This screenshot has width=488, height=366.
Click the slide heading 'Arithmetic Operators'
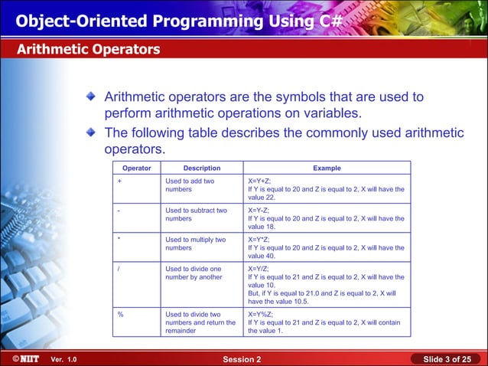click(x=89, y=50)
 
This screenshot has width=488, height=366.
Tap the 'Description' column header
click(x=202, y=168)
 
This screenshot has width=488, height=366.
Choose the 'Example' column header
click(x=327, y=168)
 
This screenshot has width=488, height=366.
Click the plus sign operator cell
click(x=119, y=181)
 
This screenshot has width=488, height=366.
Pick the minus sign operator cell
click(x=119, y=210)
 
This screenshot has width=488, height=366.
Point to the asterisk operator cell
click(x=119, y=240)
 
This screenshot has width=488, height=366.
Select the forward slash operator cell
click(x=119, y=270)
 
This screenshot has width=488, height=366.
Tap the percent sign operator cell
click(x=120, y=314)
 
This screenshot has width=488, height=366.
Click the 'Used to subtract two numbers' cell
click(x=196, y=214)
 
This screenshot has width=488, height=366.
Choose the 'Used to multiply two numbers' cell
click(x=196, y=243)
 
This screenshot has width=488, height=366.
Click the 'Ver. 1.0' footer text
click(x=63, y=360)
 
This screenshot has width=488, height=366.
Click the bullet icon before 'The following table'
click(x=91, y=132)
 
